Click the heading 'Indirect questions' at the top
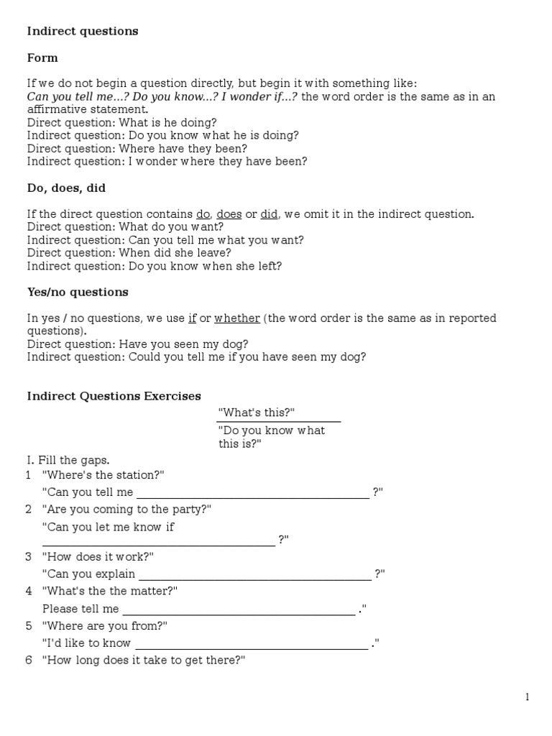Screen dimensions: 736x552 [x=83, y=32]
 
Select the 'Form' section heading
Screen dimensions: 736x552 [x=42, y=57]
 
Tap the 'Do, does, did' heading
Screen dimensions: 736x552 [x=66, y=188]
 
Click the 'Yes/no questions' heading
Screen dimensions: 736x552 [x=78, y=292]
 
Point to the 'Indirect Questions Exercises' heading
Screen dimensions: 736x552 [x=114, y=396]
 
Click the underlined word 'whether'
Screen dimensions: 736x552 [x=237, y=318]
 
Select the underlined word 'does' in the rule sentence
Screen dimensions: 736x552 [x=229, y=214]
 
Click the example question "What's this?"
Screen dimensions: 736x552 [x=257, y=413]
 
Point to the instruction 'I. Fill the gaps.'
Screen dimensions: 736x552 [x=69, y=459]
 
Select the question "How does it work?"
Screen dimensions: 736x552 [x=98, y=557]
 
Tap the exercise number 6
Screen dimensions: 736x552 [x=29, y=661]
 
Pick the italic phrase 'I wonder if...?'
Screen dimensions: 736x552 [x=260, y=97]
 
